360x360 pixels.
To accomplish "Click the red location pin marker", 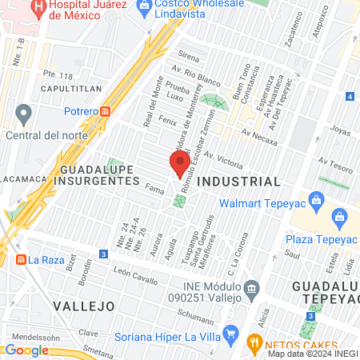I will pos(180,165).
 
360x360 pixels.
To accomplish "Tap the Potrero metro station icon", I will pos(106,111).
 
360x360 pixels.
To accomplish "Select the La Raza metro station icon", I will pos(20,259).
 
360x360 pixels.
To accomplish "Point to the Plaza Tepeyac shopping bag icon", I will pos(339,216).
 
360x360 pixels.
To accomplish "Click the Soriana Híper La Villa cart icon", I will pos(231,332).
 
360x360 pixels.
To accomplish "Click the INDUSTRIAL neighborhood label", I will pos(238,182).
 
